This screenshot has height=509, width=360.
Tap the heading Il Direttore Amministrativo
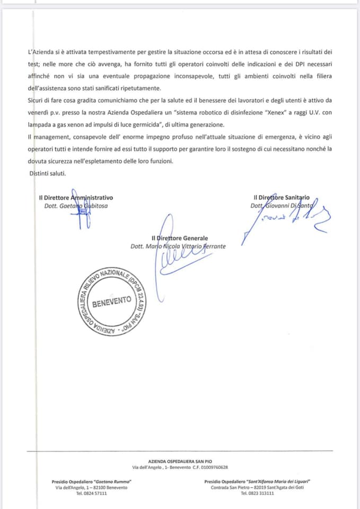click(x=76, y=197)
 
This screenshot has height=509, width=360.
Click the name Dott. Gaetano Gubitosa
click(x=76, y=205)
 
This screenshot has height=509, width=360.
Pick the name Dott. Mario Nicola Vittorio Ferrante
click(x=178, y=246)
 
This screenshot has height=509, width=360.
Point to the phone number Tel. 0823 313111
click(x=257, y=493)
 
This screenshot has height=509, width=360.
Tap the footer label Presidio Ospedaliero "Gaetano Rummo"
click(x=92, y=481)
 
